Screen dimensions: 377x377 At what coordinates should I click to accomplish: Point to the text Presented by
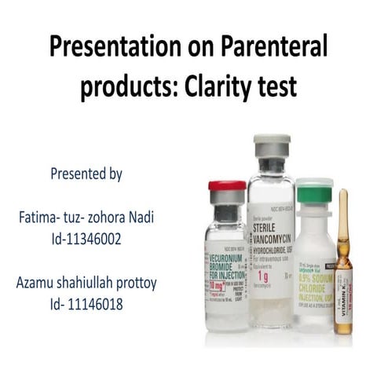click(x=86, y=174)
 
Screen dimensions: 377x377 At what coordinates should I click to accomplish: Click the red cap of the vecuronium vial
click(x=227, y=187)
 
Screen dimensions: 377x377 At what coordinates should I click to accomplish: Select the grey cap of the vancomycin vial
click(x=271, y=143)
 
